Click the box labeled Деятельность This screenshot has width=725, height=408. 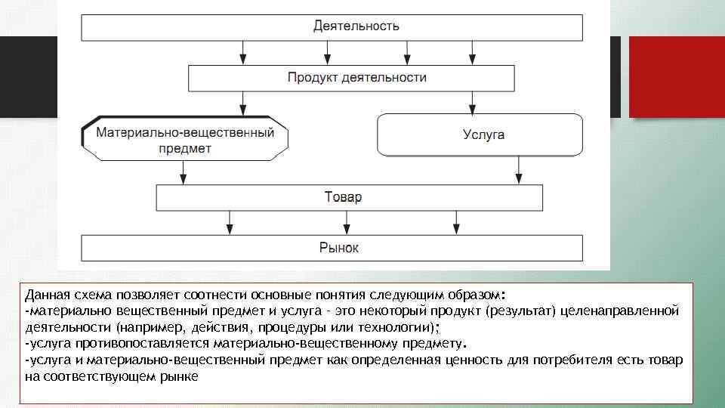click(332, 26)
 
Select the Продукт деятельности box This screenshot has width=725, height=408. click(351, 78)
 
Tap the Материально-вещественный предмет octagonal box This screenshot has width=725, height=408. click(184, 138)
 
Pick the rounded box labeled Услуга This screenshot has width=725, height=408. click(480, 135)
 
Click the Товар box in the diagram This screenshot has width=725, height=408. click(349, 198)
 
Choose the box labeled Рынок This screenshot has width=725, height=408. click(332, 248)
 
